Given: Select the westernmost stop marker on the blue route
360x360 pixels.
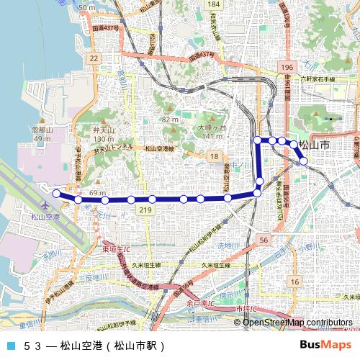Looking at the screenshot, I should [56, 193].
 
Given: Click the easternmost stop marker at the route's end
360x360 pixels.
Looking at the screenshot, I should [304, 161].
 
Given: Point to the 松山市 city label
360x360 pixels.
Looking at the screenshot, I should [314, 145].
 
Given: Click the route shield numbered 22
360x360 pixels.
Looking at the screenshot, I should [93, 57].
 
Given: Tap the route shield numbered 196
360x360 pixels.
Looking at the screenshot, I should [288, 67].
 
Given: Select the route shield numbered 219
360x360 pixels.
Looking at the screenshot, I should [146, 210].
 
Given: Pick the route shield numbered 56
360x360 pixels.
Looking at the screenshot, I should [264, 240].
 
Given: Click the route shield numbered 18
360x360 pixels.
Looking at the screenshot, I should [214, 156].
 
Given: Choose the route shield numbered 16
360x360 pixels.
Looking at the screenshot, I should [294, 281].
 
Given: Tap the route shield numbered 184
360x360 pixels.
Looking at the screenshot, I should [213, 5].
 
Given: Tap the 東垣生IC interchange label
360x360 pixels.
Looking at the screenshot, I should [115, 249].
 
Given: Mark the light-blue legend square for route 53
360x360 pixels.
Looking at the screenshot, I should [9, 345].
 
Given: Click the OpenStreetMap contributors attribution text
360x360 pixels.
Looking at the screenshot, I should [297, 322].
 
